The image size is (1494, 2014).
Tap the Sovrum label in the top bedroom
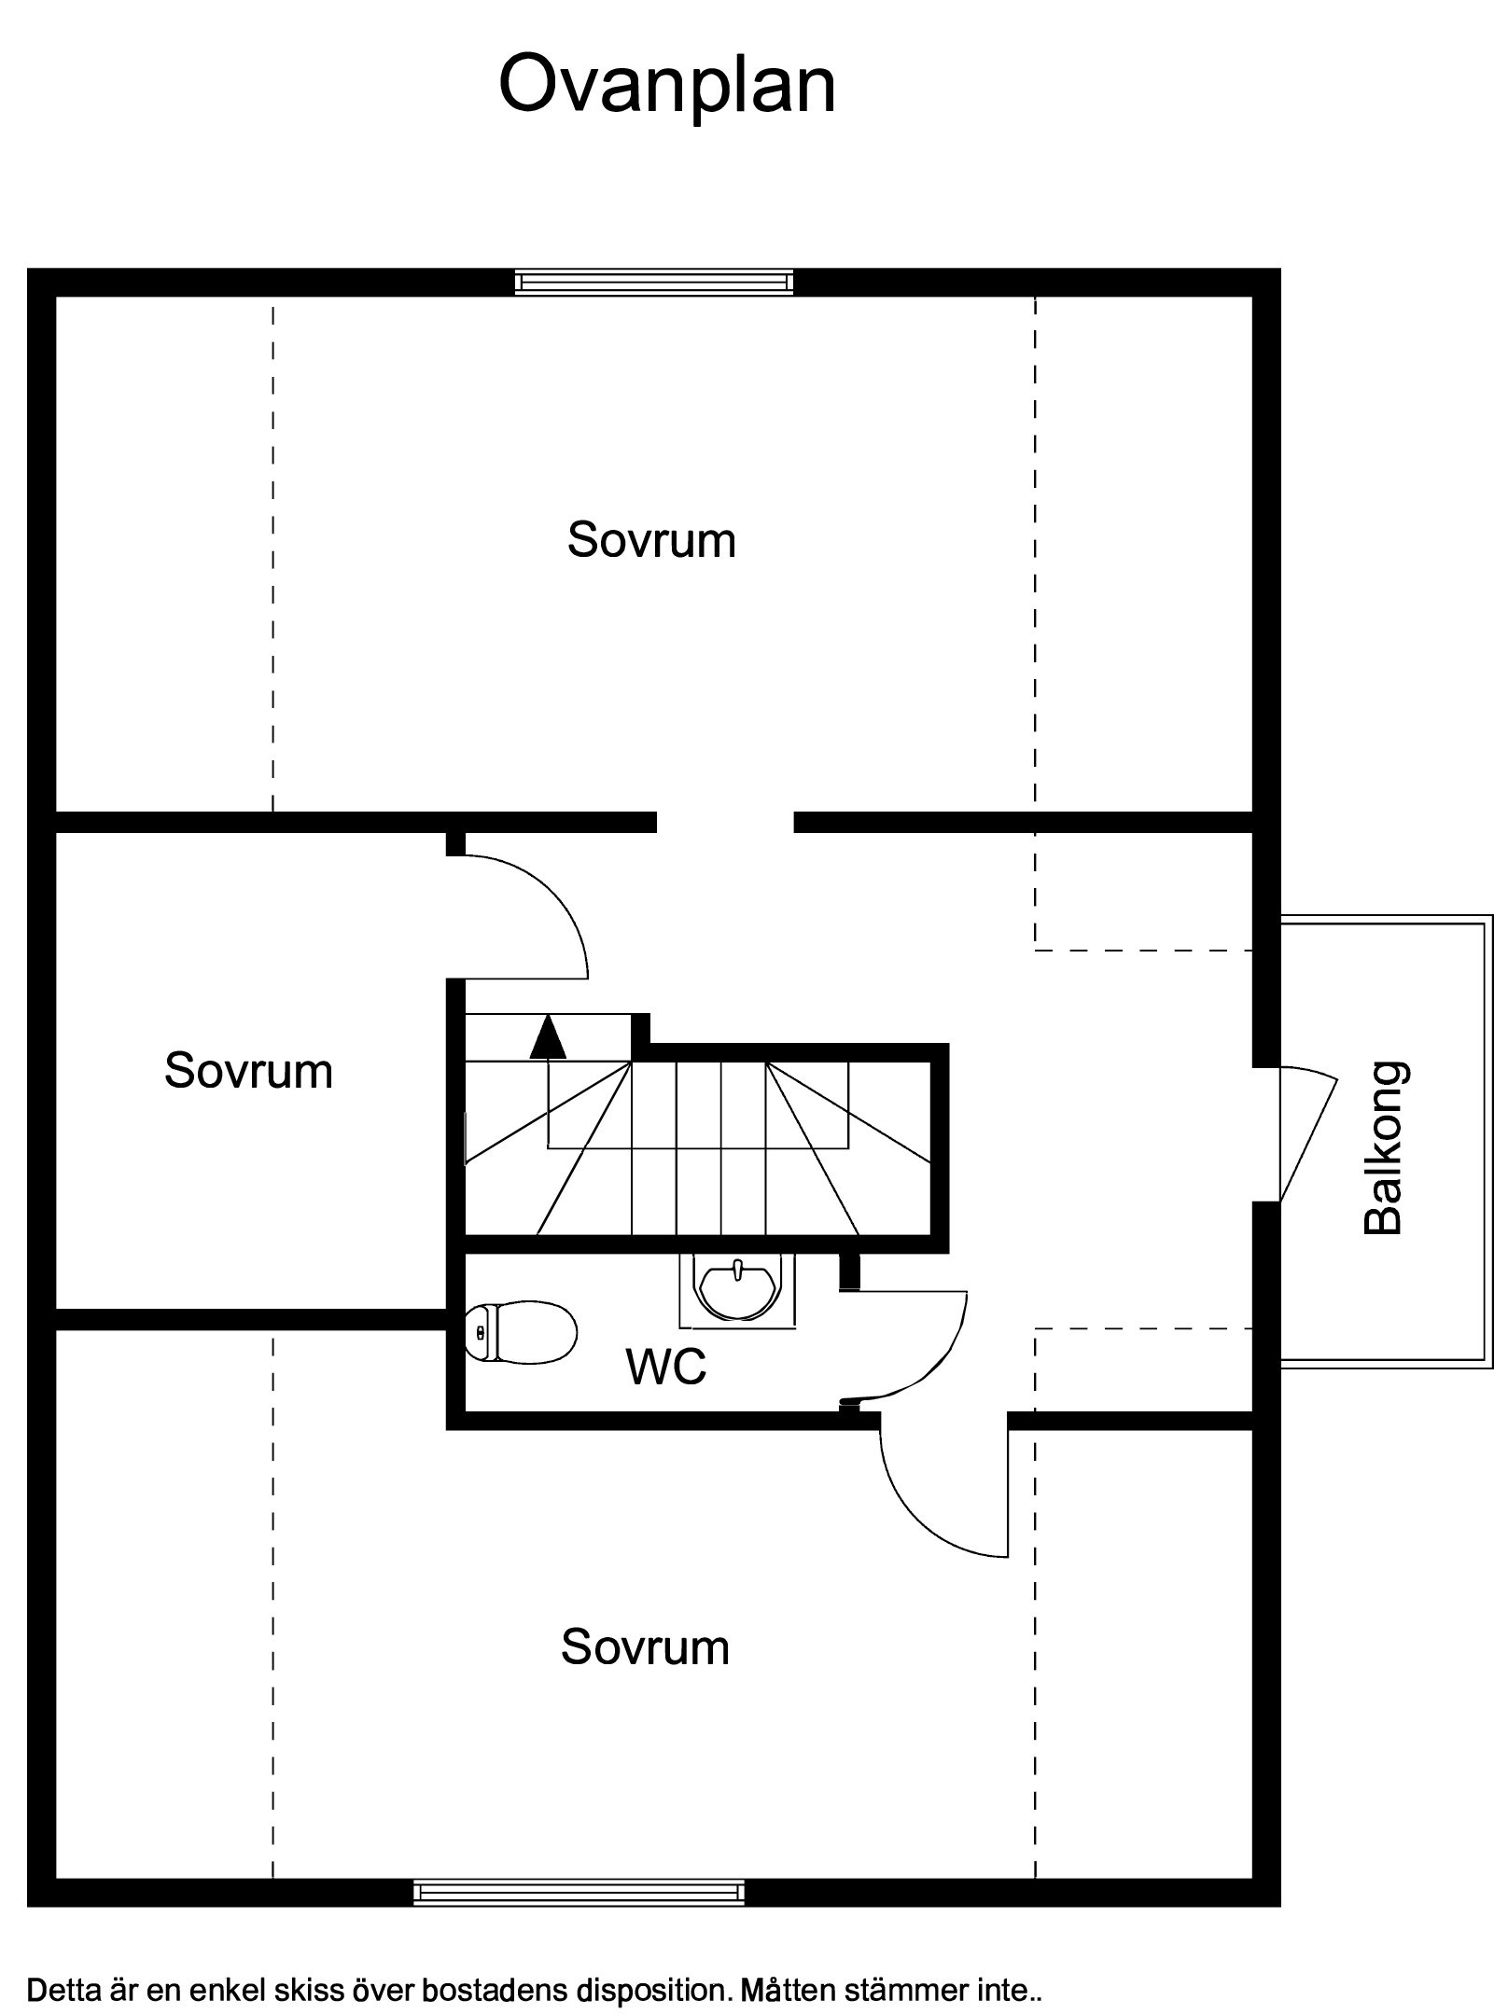click(651, 540)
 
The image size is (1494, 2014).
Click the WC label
click(666, 1368)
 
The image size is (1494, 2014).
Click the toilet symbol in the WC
click(520, 1332)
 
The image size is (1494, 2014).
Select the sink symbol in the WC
click(738, 1291)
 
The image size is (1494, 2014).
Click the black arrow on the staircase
click(548, 1037)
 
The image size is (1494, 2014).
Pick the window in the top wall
click(654, 282)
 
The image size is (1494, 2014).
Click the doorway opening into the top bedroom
click(725, 822)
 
